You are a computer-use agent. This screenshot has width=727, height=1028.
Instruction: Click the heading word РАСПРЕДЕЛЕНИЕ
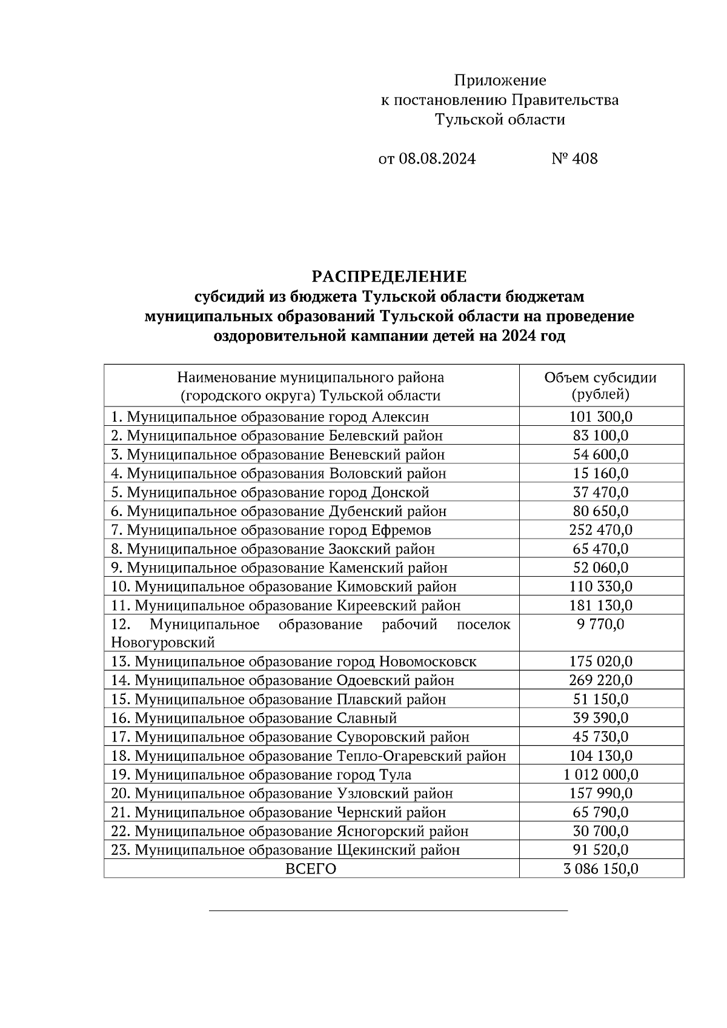point(389,277)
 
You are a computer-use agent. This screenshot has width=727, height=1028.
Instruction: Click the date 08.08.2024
point(437,159)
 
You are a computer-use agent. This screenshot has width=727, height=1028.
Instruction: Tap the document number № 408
point(574,159)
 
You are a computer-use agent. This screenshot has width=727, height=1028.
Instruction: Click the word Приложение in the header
point(500,80)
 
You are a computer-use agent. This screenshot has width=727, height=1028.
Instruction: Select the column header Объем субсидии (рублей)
point(600,386)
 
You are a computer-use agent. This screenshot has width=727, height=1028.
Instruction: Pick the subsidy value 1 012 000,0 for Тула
point(600,775)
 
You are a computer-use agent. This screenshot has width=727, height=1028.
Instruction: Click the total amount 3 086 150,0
point(600,869)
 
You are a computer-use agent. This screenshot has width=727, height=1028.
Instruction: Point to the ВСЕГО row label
point(311,869)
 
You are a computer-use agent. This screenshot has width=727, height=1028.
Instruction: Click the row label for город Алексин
point(270,417)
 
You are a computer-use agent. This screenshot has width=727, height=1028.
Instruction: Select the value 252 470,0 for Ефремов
point(600,530)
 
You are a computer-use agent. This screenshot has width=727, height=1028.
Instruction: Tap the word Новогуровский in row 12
point(163,642)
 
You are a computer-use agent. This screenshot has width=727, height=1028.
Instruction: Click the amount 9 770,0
point(600,625)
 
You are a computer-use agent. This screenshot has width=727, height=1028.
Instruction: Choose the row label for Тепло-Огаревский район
point(308,756)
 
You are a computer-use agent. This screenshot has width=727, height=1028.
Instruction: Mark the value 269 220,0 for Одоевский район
point(600,680)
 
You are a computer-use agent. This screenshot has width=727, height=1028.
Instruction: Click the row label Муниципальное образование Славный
point(254,718)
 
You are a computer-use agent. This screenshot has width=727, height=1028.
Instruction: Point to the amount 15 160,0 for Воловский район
point(600,473)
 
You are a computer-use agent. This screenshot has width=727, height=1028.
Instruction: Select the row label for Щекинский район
point(285,850)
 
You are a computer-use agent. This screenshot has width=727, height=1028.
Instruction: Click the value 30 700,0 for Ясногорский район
point(600,831)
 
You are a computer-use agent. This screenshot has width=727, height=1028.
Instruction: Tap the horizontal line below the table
point(388,910)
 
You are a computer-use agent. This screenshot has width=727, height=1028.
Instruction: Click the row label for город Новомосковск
point(294,662)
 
